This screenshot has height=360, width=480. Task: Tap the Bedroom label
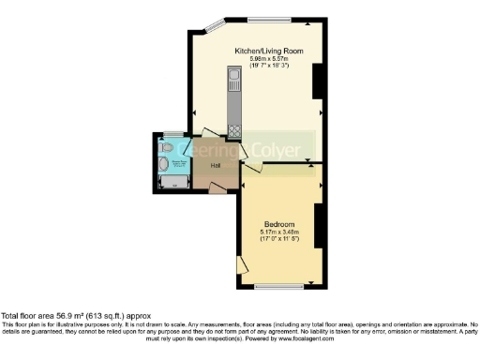coord(279,224)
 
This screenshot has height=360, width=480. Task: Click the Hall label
coord(202,166)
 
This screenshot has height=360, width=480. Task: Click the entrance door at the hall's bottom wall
coord(217,189)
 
